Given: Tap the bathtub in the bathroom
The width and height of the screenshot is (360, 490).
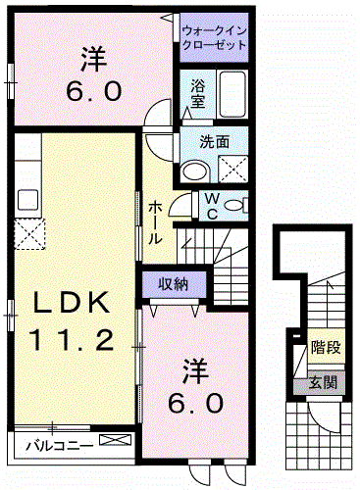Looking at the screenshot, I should coord(231,95).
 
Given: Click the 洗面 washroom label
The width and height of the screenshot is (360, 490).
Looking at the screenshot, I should coord(214,141).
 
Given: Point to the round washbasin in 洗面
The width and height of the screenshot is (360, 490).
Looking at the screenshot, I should coord(194,171).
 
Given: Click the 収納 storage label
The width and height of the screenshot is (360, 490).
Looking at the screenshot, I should coord(175,284).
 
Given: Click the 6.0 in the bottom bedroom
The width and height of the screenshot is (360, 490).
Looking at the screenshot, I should coord(205,403).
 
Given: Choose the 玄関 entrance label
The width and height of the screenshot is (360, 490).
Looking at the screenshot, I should coord(321,382).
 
